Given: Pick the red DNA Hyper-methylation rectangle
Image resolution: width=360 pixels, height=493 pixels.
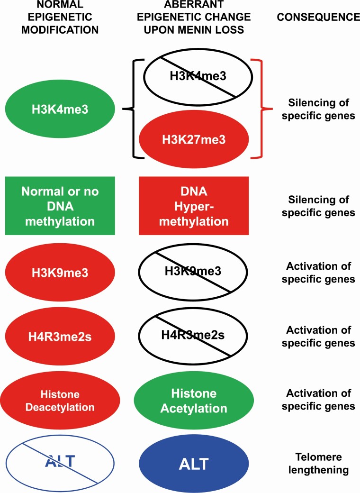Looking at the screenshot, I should [193, 205].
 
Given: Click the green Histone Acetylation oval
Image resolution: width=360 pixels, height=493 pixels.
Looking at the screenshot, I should [193, 401].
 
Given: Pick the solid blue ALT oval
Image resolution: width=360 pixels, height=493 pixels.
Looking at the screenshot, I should [193, 465].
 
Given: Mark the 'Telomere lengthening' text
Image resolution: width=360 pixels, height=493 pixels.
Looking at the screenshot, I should [318, 465].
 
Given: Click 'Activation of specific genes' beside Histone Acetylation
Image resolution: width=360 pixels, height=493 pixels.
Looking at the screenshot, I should [318, 400].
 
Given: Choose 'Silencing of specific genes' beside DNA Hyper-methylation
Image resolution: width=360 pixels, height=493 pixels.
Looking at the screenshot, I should [318, 206].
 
